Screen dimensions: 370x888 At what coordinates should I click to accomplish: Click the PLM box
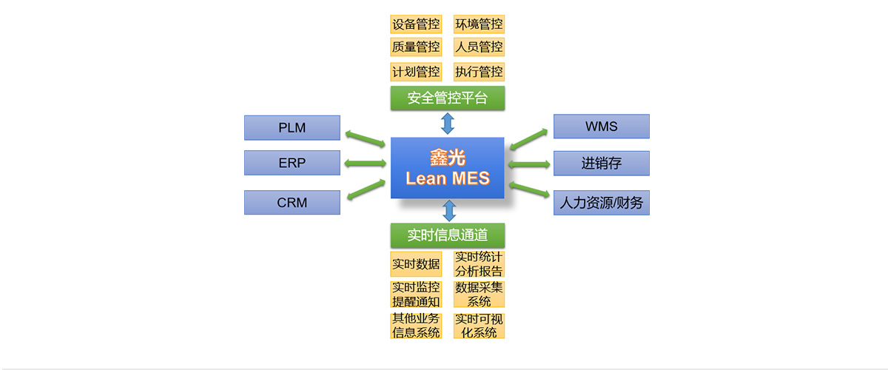coord(292,127)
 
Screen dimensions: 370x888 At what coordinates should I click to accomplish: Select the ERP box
coord(292,163)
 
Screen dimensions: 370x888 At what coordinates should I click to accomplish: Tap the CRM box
coord(292,202)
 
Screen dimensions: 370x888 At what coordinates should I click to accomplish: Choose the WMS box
coord(601,127)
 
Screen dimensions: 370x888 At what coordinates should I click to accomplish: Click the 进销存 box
coord(601,164)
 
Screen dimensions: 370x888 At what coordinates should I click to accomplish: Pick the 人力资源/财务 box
coord(601,202)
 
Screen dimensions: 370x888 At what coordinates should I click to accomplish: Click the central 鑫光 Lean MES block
coord(447,168)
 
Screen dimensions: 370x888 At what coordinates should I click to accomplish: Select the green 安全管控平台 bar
coord(447,98)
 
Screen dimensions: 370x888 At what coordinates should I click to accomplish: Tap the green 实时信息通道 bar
coord(447,235)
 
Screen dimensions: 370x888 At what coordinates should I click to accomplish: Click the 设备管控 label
coord(416,24)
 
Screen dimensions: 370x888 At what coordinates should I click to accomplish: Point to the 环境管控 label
coord(479,24)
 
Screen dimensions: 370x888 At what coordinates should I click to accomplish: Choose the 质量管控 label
coord(416,47)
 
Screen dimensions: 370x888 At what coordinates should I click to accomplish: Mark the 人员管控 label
coord(479,47)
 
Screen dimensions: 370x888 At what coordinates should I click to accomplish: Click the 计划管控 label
coord(416,72)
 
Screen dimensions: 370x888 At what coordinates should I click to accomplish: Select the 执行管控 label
coord(479,72)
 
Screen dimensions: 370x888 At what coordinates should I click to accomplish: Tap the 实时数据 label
coord(416,264)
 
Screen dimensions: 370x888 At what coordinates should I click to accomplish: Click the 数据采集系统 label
coord(479,295)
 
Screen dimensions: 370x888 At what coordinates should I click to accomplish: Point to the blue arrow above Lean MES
coord(447,123)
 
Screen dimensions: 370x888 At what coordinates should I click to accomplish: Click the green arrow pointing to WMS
coord(528,138)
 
